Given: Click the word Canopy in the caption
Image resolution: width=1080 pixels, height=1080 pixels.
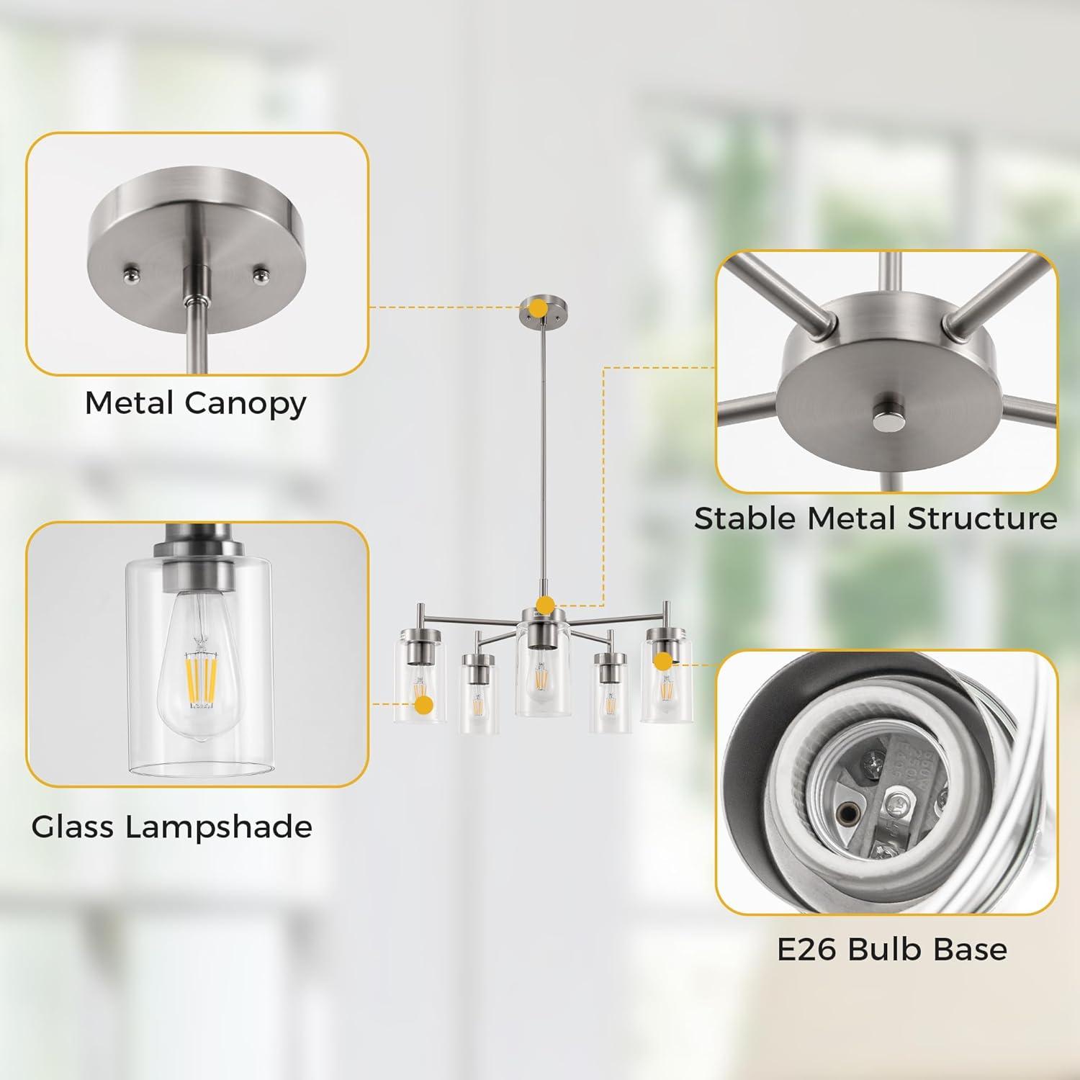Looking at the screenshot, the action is click(x=246, y=404).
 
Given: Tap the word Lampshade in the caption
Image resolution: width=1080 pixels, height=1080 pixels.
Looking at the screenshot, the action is click(x=219, y=827).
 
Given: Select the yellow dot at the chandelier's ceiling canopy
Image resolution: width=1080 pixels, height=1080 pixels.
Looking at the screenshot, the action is click(x=536, y=308).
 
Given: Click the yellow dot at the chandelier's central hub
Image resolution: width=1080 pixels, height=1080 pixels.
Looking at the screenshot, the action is click(x=545, y=605).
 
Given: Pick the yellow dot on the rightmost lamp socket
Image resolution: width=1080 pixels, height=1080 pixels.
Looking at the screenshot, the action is click(x=663, y=659).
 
